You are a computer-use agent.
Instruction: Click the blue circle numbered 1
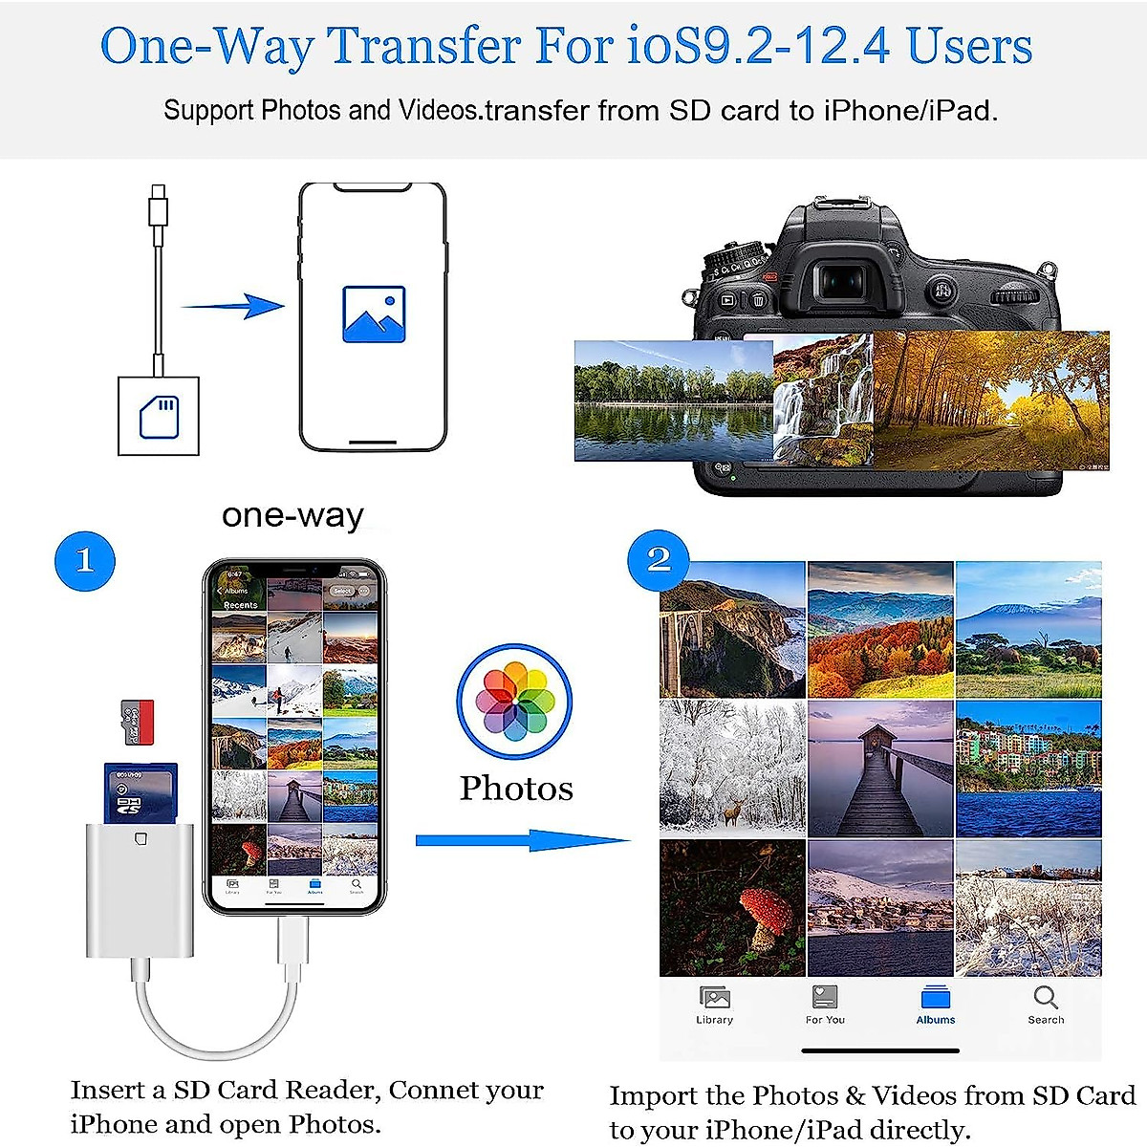85,561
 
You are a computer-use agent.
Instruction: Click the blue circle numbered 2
659,560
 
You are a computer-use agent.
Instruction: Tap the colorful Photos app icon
514,703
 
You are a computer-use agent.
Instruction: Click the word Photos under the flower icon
516,789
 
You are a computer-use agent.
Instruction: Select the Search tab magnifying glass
1046,999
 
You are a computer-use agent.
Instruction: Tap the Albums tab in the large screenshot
936,1004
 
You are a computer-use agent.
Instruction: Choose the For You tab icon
824,999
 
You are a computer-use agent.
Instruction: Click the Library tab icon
714,999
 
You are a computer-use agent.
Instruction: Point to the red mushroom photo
731,908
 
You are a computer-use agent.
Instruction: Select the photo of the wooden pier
880,769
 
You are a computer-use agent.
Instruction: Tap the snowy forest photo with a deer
731,769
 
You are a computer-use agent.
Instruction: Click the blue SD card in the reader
140,791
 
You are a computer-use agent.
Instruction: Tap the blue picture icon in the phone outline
374,314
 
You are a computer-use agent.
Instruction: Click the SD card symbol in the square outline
159,417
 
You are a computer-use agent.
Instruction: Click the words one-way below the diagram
292,515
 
